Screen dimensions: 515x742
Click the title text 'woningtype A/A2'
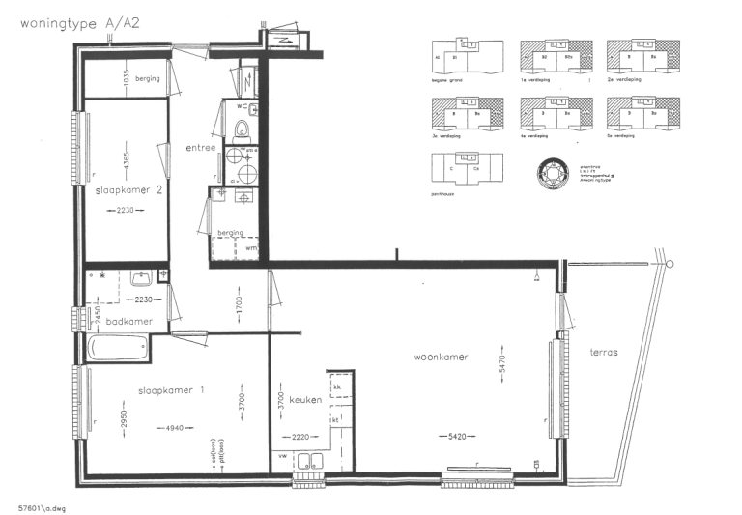(x=73, y=23)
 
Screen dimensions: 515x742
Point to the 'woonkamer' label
(x=441, y=357)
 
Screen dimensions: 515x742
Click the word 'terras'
(x=604, y=353)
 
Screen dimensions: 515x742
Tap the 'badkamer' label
(x=127, y=321)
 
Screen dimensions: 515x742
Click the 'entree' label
(x=200, y=147)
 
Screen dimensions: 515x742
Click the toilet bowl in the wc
(x=243, y=130)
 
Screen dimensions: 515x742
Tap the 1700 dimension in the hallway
(x=238, y=306)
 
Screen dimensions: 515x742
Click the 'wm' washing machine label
(x=251, y=247)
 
